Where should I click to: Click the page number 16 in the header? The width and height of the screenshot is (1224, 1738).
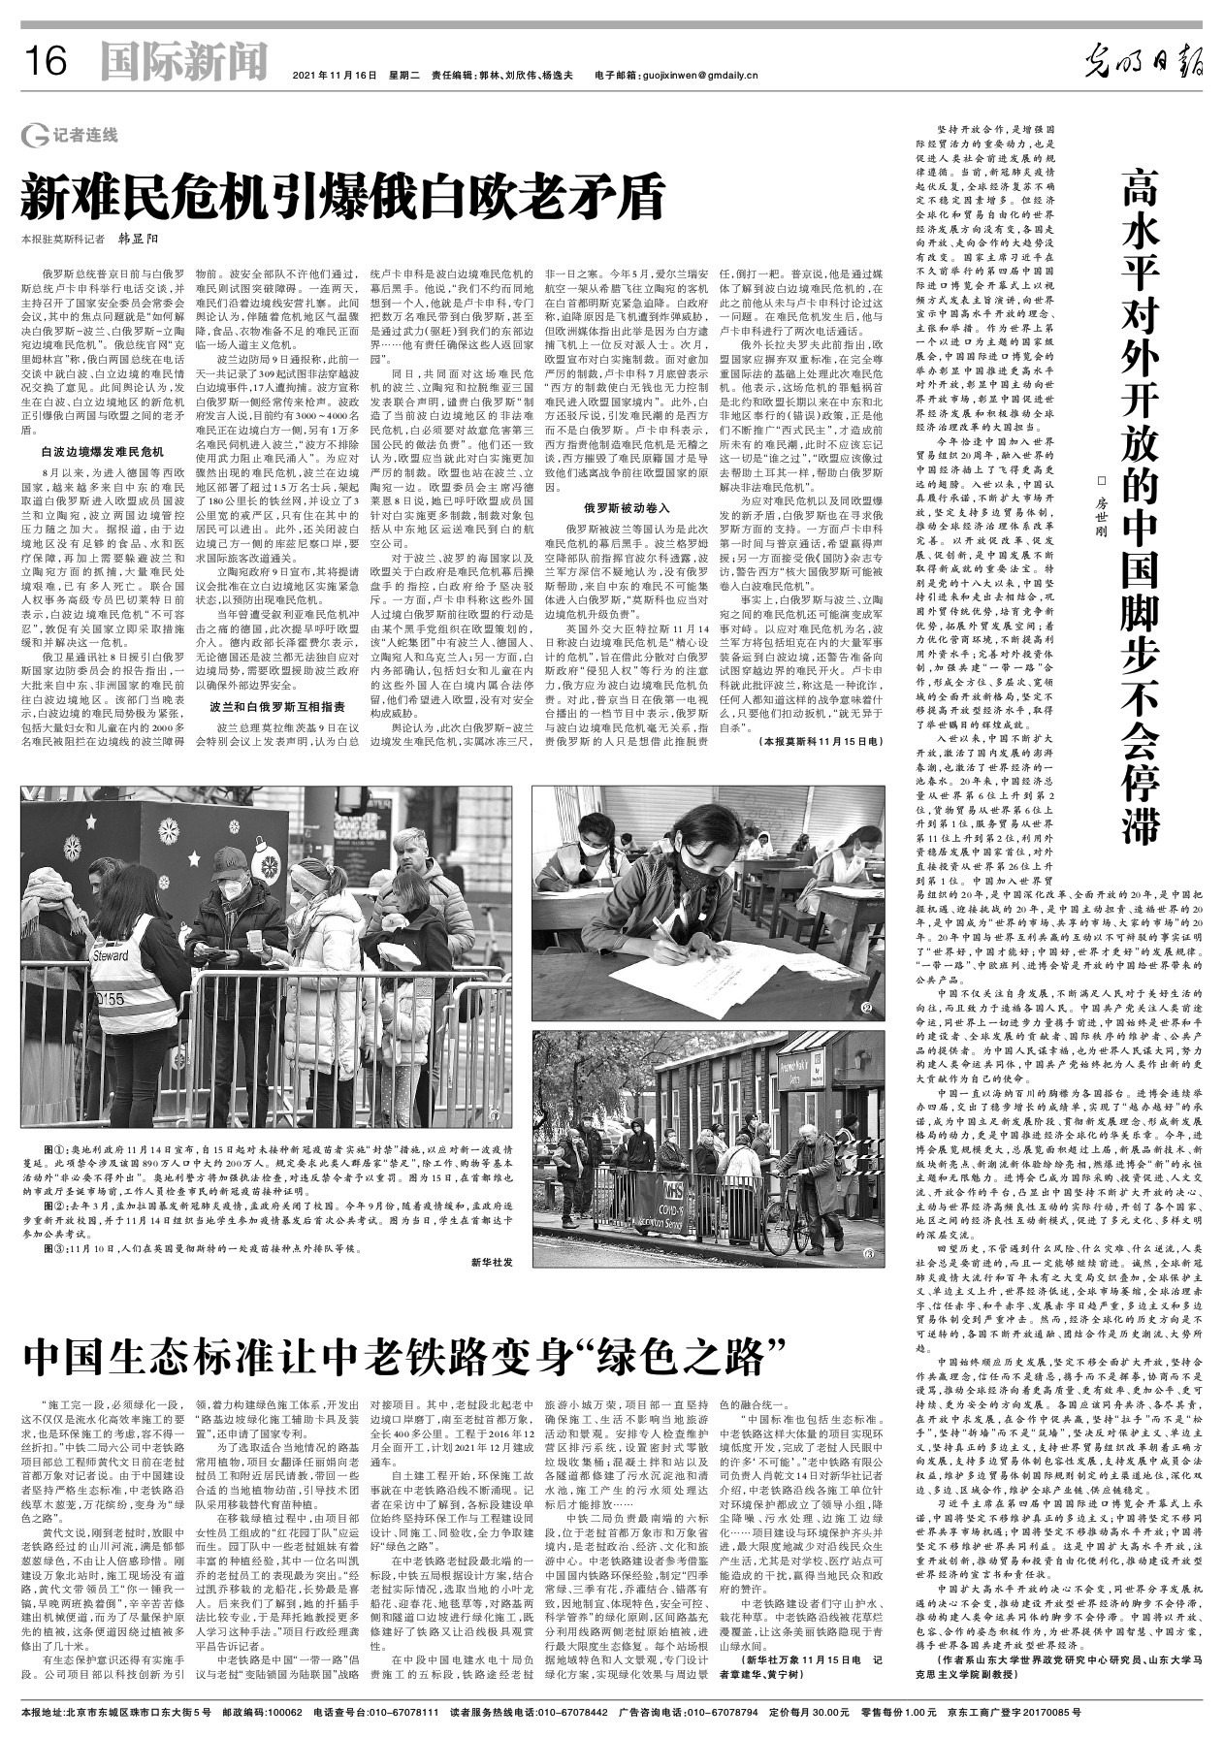(45, 63)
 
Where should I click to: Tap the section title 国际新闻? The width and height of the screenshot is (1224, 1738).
(183, 63)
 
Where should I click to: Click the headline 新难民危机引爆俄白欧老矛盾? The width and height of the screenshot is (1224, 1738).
(344, 198)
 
